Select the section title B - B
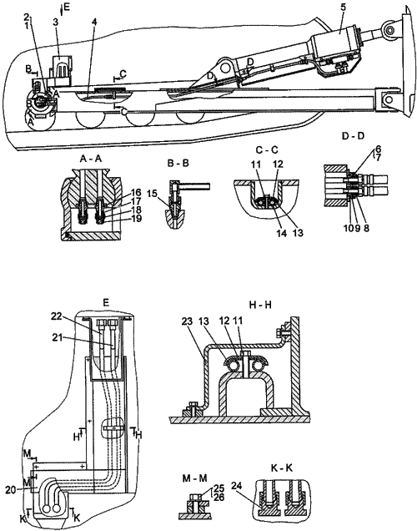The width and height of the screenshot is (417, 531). pos(178,164)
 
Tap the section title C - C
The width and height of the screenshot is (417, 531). pos(267,150)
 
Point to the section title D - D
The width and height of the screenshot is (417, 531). pos(353,136)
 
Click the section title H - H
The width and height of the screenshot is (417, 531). pos(260,305)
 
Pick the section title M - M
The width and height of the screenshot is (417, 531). pos(194,478)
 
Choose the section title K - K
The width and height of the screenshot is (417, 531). pos(282,468)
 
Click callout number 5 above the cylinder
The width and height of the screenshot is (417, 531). pos(344,8)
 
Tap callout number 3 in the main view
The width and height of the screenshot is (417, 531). pos(56,22)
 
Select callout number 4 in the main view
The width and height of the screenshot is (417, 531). pos(94,22)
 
